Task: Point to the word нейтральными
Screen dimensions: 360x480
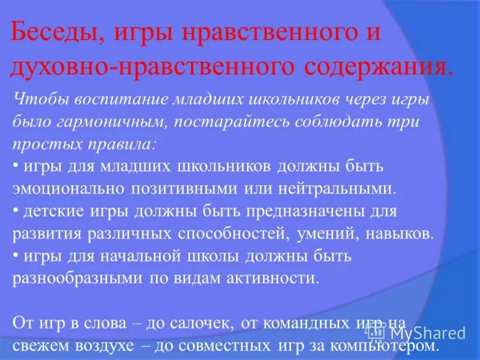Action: click(337, 189)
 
